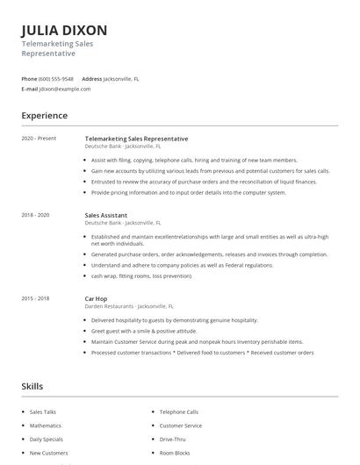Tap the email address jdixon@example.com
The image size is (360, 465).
click(65, 89)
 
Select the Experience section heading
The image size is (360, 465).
click(44, 116)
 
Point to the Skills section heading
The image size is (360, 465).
click(32, 386)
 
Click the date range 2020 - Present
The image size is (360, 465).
click(38, 139)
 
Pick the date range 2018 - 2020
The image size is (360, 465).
click(36, 215)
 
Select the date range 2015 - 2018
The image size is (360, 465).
click(36, 298)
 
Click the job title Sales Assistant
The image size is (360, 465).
click(106, 215)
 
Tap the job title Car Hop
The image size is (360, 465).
click(96, 299)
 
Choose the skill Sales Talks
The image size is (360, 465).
click(42, 411)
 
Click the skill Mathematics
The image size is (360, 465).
click(45, 426)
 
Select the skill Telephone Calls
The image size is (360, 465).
click(179, 411)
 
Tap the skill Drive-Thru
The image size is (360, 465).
click(173, 439)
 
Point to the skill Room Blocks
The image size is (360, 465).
click(176, 453)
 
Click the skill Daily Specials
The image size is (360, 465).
click(46, 439)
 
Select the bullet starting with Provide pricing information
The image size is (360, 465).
click(188, 192)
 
